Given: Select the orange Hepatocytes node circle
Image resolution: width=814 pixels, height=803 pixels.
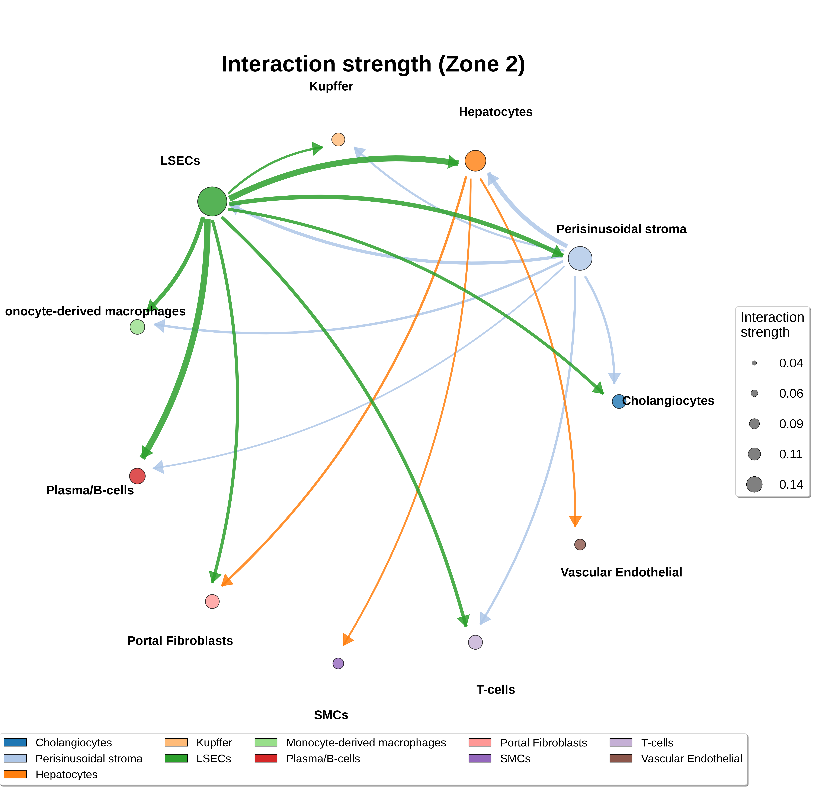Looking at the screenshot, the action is [475, 160].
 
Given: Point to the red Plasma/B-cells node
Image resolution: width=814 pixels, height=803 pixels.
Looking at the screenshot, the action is [137, 476].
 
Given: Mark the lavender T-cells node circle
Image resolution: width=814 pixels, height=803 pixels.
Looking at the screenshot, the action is [475, 642].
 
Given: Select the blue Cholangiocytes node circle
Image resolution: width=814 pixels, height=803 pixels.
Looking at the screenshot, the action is [619, 401].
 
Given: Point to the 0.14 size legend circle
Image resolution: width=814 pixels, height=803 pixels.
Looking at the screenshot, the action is [754, 484].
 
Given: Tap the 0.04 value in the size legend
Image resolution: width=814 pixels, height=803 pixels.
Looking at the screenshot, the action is [791, 363].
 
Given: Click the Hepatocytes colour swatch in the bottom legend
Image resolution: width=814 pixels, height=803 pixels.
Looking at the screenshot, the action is [15, 774].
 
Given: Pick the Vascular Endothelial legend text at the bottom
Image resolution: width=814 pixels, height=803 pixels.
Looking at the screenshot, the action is [691, 758].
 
